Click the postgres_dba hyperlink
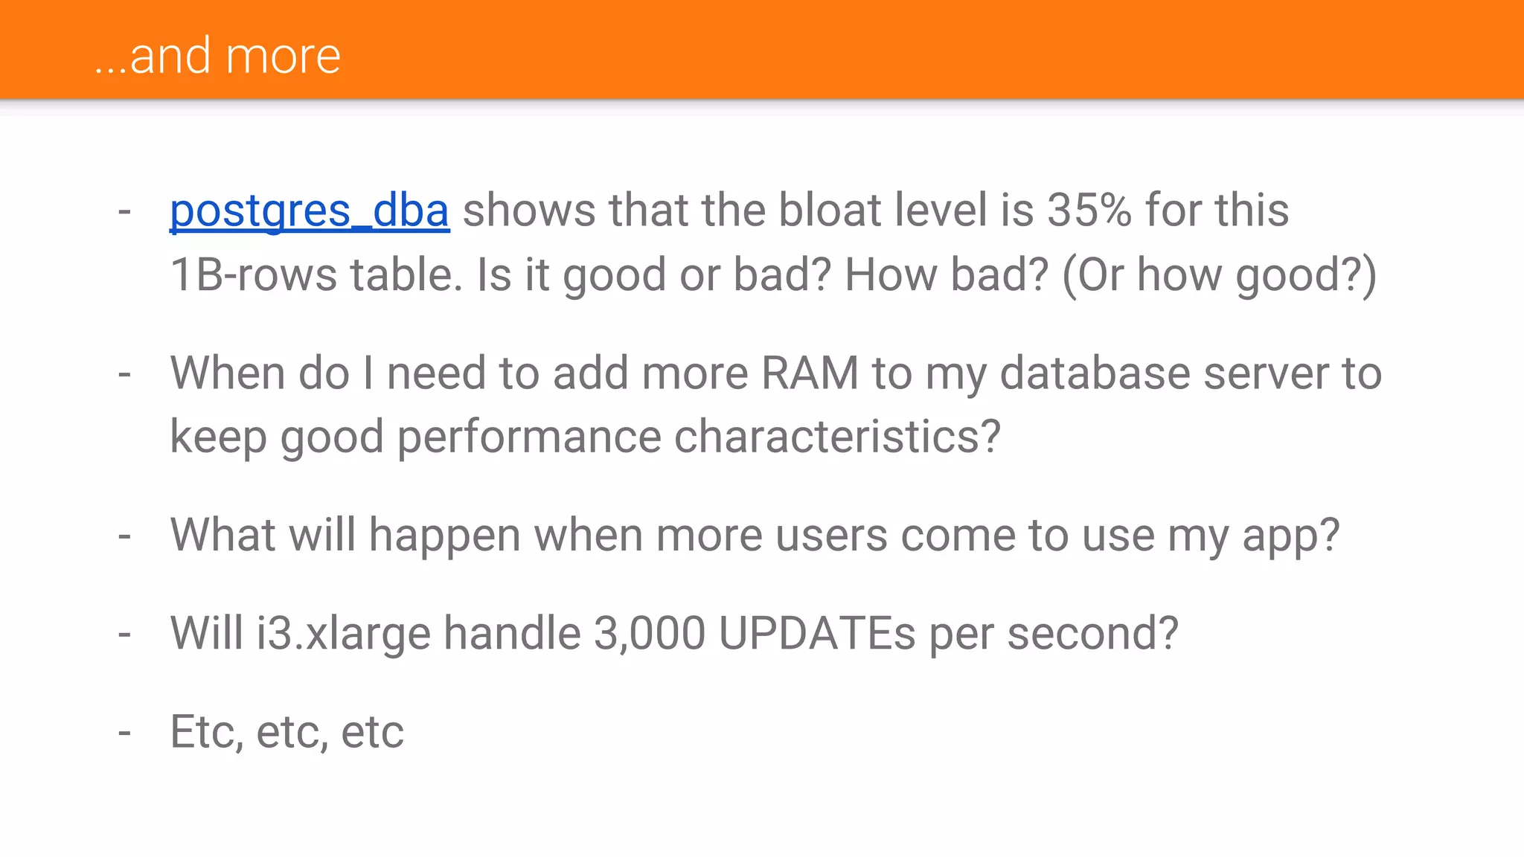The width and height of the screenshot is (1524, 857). pyautogui.click(x=310, y=211)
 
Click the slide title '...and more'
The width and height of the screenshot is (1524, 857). pyautogui.click(x=217, y=57)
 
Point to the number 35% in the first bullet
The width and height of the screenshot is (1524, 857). pyautogui.click(x=1089, y=211)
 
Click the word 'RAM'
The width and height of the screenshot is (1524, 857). pyautogui.click(x=810, y=373)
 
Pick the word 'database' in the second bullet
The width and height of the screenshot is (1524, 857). pyautogui.click(x=1095, y=373)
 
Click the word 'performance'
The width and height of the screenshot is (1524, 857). pyautogui.click(x=528, y=437)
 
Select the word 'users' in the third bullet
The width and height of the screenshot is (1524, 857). pyautogui.click(x=831, y=536)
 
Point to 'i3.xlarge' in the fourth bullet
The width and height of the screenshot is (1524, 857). pyautogui.click(x=344, y=635)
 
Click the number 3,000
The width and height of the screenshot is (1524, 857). pyautogui.click(x=649, y=635)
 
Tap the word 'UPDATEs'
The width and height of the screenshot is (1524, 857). pyautogui.click(x=817, y=635)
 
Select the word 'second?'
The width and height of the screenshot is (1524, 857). pyautogui.click(x=1092, y=635)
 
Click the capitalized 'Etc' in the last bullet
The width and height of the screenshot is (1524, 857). pyautogui.click(x=204, y=732)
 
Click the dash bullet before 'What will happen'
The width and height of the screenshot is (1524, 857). pyautogui.click(x=124, y=536)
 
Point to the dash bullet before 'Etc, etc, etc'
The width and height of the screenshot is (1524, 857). pyautogui.click(x=124, y=733)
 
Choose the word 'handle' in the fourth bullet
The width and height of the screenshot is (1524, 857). pyautogui.click(x=512, y=634)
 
